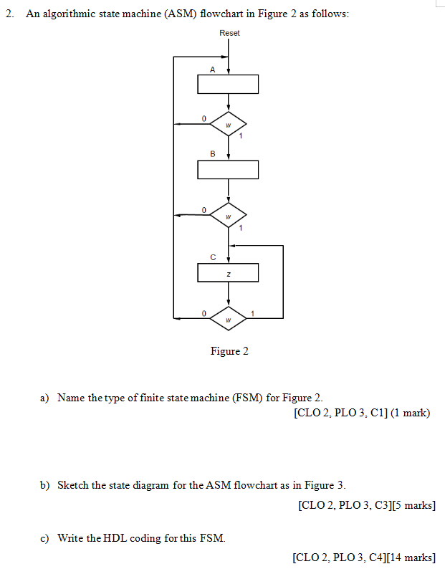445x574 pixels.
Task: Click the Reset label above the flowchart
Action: pyautogui.click(x=229, y=33)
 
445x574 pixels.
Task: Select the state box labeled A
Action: pyautogui.click(x=228, y=84)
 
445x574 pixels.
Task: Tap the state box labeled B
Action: pyautogui.click(x=228, y=170)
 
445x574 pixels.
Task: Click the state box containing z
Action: pyautogui.click(x=228, y=273)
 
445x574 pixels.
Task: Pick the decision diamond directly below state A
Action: pyautogui.click(x=228, y=124)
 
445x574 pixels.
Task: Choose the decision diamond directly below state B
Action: pyautogui.click(x=228, y=214)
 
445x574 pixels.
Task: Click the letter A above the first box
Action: pyautogui.click(x=212, y=70)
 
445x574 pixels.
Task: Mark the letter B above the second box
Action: pyautogui.click(x=212, y=154)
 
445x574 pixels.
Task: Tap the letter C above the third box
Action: pyautogui.click(x=212, y=257)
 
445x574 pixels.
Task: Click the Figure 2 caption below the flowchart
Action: pyautogui.click(x=229, y=351)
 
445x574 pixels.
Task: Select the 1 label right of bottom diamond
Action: pyautogui.click(x=252, y=312)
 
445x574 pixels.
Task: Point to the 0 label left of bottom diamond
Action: pyautogui.click(x=204, y=312)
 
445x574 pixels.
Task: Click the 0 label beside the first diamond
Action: pyautogui.click(x=204, y=118)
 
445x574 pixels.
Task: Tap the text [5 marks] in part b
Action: pyautogui.click(x=411, y=506)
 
